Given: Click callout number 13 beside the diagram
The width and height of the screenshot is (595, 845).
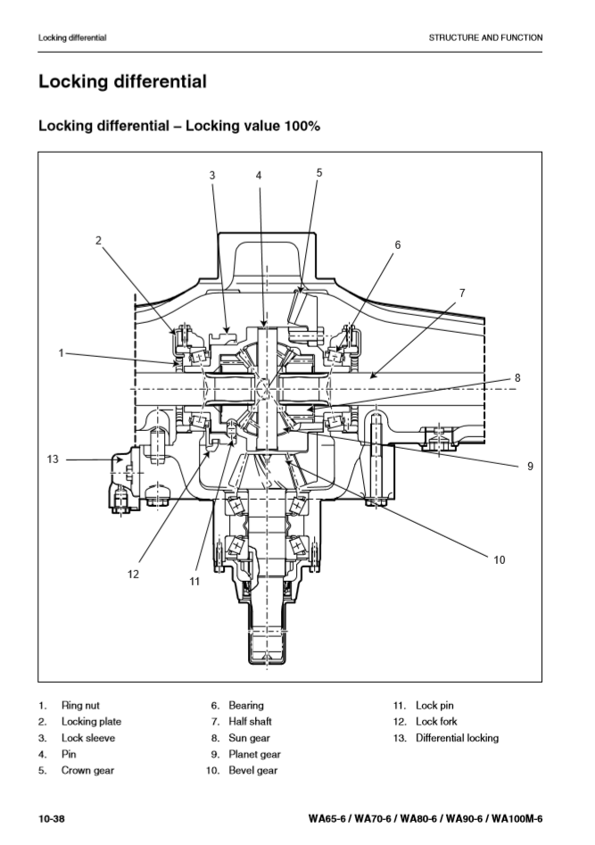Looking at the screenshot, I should tap(53, 460).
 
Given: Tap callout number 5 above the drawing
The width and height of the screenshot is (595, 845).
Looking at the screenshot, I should tap(319, 172).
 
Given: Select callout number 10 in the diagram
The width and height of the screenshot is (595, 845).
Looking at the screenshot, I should tap(499, 559).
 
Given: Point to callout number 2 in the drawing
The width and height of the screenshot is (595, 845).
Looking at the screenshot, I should tap(99, 239).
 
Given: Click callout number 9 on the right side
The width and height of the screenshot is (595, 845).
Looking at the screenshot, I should tap(530, 465).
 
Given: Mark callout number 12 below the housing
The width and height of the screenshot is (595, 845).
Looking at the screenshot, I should tap(133, 574).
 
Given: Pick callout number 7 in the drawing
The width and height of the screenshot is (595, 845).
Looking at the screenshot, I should tap(462, 293).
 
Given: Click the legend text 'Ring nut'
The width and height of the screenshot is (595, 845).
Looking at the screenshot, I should tap(80, 706).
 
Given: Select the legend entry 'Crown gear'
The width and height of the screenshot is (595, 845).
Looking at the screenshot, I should tap(87, 770).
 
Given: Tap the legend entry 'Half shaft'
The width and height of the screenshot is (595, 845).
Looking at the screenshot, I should tap(250, 722).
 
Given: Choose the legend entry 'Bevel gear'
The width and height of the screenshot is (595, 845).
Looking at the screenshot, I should tap(253, 770).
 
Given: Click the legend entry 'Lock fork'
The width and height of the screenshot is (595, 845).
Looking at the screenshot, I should tap(436, 722).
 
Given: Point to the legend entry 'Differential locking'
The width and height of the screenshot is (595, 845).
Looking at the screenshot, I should tap(457, 738).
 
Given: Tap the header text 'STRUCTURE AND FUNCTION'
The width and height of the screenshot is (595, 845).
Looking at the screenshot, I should tap(485, 37).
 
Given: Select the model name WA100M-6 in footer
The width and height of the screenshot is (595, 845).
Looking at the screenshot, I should tap(515, 819).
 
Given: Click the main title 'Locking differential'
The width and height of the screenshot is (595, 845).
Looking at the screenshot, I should tap(122, 82).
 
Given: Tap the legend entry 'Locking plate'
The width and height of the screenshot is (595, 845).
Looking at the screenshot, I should tap(91, 722).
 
